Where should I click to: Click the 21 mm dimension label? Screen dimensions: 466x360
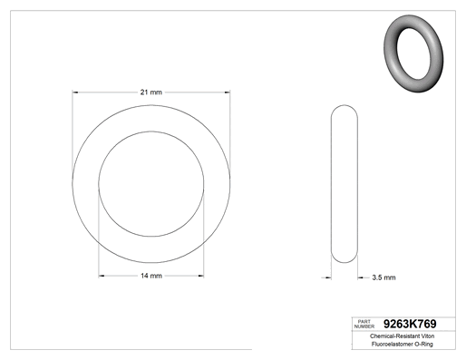(151, 92)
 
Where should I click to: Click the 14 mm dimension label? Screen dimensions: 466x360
(151, 276)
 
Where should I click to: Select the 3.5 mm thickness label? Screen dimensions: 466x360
(383, 277)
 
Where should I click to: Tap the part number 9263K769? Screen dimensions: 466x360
(410, 324)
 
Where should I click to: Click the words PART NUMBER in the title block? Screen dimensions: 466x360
(364, 324)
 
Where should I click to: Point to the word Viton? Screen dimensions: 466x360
(428, 336)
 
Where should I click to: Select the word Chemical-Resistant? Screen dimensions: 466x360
(395, 336)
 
